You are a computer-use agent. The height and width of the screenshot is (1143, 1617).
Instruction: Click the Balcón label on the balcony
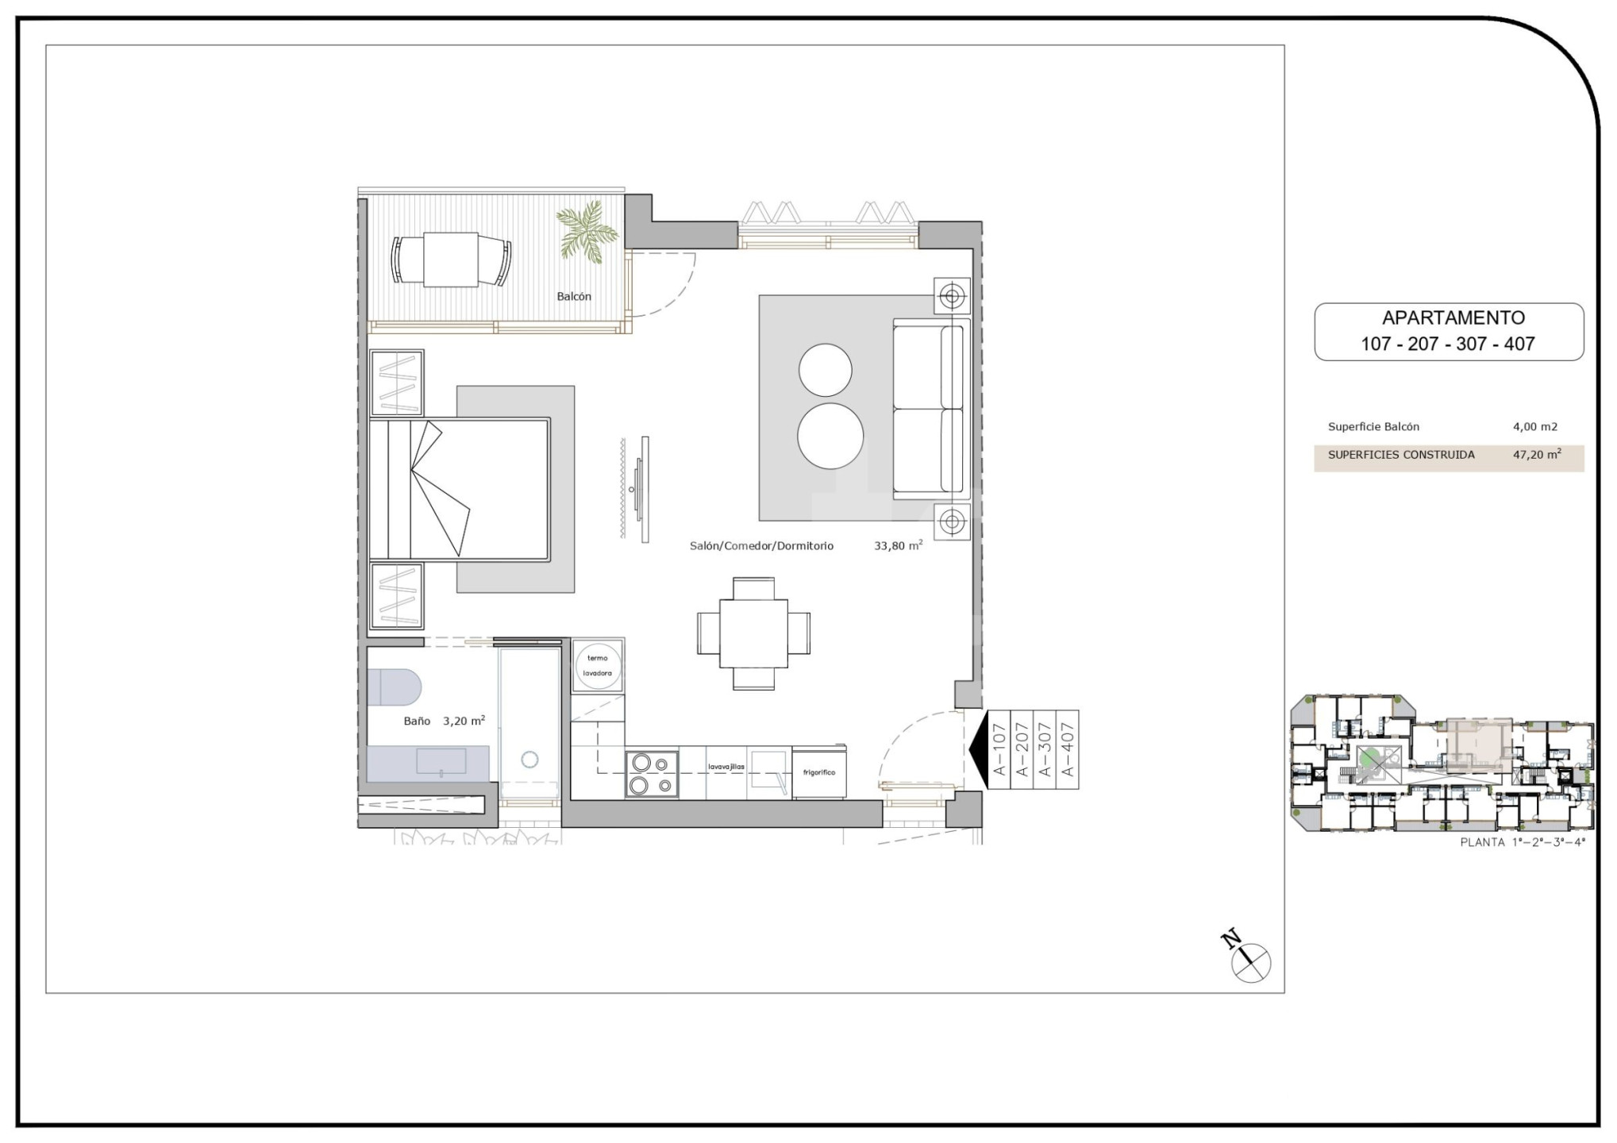(574, 297)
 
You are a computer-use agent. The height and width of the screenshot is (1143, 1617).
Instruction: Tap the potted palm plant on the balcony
(587, 230)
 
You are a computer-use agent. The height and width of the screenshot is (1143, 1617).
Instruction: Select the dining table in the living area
(753, 633)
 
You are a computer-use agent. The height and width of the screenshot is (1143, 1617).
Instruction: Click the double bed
(460, 489)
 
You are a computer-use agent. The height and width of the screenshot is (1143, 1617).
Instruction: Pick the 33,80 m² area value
(899, 545)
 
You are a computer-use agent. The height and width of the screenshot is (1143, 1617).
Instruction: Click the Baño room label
(417, 722)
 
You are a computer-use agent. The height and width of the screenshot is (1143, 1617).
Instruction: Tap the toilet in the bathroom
(394, 687)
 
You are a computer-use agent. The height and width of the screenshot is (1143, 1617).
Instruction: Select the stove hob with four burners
(652, 774)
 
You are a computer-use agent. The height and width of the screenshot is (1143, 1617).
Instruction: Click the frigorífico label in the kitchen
(818, 772)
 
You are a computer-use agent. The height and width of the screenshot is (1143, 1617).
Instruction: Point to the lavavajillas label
(726, 767)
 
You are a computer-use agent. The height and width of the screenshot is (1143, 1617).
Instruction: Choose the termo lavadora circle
(597, 666)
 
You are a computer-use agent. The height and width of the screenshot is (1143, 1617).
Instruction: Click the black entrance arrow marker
(978, 749)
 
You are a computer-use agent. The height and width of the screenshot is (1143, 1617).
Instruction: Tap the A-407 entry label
(1068, 749)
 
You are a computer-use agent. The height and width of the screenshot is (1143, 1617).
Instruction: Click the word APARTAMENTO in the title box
(1453, 317)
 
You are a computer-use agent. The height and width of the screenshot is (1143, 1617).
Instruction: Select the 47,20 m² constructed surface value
(1537, 455)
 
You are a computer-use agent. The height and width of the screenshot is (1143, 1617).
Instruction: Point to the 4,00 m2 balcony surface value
(1535, 427)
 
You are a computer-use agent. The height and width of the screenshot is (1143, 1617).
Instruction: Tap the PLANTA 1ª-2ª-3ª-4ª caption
(1523, 842)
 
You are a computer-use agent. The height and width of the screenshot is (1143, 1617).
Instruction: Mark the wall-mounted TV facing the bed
(645, 489)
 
